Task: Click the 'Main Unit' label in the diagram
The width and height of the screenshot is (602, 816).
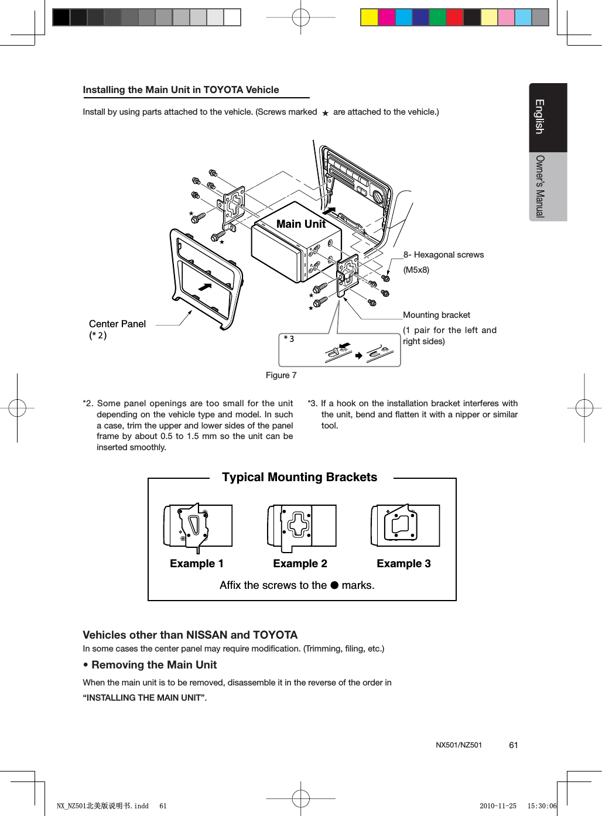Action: [300, 224]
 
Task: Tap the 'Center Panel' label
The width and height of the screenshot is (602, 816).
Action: [117, 324]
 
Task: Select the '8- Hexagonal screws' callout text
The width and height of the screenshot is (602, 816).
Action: [443, 255]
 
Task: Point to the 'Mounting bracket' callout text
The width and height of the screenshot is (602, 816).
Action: [436, 315]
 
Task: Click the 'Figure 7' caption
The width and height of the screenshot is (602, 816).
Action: [281, 375]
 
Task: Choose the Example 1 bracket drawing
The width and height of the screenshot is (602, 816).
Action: [197, 526]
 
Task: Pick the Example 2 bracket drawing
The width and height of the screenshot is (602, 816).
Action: [301, 526]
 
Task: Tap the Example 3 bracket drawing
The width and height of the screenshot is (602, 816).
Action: [405, 526]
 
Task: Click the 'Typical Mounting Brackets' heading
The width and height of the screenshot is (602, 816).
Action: [299, 477]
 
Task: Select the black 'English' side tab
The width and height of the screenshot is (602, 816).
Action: [548, 117]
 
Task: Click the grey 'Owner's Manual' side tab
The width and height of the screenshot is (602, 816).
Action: [548, 186]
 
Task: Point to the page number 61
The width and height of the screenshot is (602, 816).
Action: [514, 745]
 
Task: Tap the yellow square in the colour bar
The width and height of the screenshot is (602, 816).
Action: [369, 18]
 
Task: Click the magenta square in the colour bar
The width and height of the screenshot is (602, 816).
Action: [386, 18]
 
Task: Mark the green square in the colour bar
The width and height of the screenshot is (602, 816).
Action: [437, 18]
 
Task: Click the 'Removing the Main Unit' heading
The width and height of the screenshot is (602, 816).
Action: [154, 665]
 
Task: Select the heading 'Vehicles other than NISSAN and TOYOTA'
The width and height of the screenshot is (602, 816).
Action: [190, 635]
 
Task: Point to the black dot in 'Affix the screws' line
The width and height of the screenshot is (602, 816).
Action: [334, 585]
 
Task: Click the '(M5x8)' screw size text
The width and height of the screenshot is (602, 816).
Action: [416, 270]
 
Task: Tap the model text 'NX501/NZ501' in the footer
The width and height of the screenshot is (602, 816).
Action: [459, 745]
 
